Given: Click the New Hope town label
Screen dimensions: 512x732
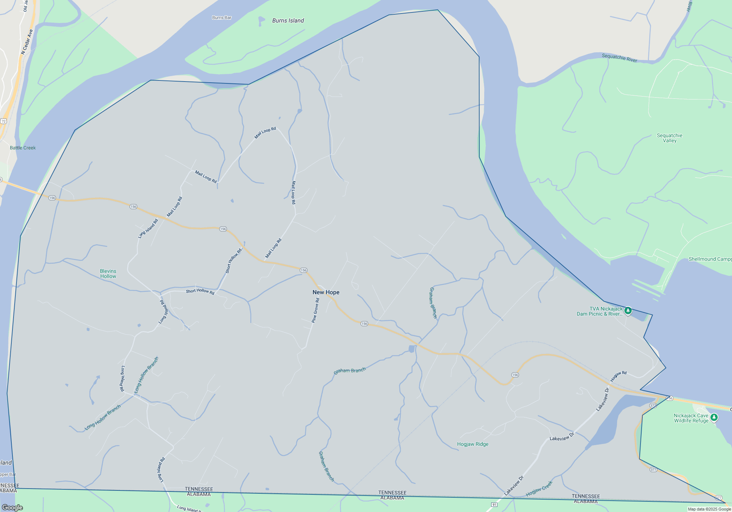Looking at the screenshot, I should click(x=326, y=292).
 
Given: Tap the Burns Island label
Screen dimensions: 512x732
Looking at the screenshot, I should click(x=288, y=20).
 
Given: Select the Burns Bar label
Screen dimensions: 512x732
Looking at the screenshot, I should click(x=221, y=18).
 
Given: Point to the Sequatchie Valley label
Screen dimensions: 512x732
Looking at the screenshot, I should click(x=669, y=138).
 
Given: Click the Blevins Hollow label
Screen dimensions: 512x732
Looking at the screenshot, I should click(x=108, y=274).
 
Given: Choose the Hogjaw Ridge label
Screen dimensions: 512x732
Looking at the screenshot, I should click(x=473, y=444).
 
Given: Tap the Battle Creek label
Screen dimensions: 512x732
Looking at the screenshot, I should click(x=23, y=148).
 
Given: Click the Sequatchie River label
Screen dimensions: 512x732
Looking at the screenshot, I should click(x=619, y=58).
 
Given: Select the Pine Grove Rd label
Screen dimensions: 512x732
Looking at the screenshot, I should click(x=315, y=310).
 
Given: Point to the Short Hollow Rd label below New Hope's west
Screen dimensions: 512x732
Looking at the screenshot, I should click(x=200, y=291).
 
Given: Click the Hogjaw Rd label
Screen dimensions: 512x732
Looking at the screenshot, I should click(x=618, y=376).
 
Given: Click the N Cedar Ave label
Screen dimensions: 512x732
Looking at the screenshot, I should click(x=27, y=42).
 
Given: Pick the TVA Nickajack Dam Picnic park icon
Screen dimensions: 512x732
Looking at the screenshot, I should click(x=628, y=310).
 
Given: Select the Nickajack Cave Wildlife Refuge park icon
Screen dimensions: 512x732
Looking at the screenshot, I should click(x=714, y=417).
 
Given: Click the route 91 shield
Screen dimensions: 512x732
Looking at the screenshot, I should click(x=494, y=505).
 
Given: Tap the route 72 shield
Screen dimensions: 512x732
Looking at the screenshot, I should click(x=3, y=121).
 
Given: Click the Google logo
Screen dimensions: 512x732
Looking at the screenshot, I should click(x=12, y=507).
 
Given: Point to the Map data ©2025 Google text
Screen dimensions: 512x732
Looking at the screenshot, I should click(x=709, y=509).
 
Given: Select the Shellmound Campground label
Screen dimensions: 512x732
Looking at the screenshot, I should click(x=710, y=259).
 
